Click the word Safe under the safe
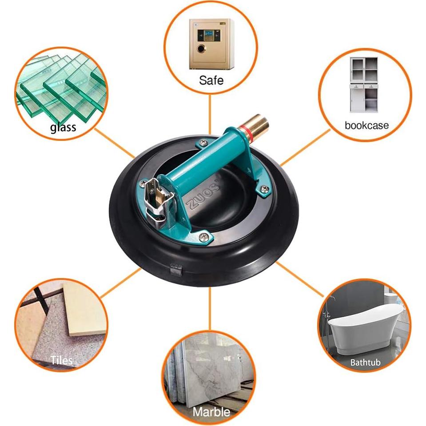211,80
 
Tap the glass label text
63,128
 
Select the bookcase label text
366,125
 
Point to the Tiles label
62,359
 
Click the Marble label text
211,411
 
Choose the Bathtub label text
365,362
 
